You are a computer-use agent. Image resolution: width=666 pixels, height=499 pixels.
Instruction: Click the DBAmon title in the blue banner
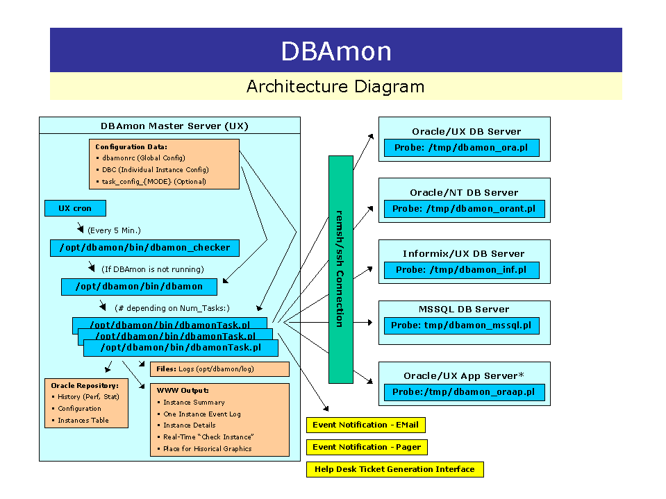click(336, 51)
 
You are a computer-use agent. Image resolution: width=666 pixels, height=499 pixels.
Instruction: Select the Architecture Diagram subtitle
click(335, 87)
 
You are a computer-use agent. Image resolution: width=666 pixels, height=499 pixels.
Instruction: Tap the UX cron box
click(75, 208)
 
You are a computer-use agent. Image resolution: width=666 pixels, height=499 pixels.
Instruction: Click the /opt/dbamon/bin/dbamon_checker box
click(144, 248)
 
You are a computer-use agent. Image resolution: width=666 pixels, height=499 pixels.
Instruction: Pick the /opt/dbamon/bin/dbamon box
click(139, 287)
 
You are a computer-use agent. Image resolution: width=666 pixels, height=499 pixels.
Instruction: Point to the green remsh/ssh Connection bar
click(340, 269)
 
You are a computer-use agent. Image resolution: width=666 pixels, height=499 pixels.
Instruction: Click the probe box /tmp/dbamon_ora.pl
click(462, 148)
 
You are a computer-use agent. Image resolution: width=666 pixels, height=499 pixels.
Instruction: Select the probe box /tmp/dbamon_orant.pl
click(464, 209)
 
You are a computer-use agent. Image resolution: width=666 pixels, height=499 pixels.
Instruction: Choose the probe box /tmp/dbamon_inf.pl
click(461, 270)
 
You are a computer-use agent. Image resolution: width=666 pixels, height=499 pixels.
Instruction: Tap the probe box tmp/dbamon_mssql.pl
click(461, 325)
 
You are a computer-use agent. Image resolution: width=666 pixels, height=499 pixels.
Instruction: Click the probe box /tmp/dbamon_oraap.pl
click(464, 392)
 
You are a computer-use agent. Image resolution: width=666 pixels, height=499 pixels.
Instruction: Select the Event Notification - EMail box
click(365, 425)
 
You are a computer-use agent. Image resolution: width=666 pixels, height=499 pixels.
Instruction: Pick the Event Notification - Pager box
click(367, 447)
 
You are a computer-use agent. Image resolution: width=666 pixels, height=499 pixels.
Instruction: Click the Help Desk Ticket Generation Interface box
click(394, 469)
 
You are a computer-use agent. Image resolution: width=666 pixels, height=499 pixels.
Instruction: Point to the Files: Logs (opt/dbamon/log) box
click(219, 369)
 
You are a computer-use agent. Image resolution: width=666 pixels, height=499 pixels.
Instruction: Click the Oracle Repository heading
click(85, 385)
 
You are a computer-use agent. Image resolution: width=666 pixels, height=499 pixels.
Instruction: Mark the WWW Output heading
click(183, 390)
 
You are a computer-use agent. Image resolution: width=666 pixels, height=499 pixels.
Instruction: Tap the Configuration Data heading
click(131, 146)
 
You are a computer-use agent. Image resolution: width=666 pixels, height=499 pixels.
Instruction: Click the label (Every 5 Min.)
click(114, 230)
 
